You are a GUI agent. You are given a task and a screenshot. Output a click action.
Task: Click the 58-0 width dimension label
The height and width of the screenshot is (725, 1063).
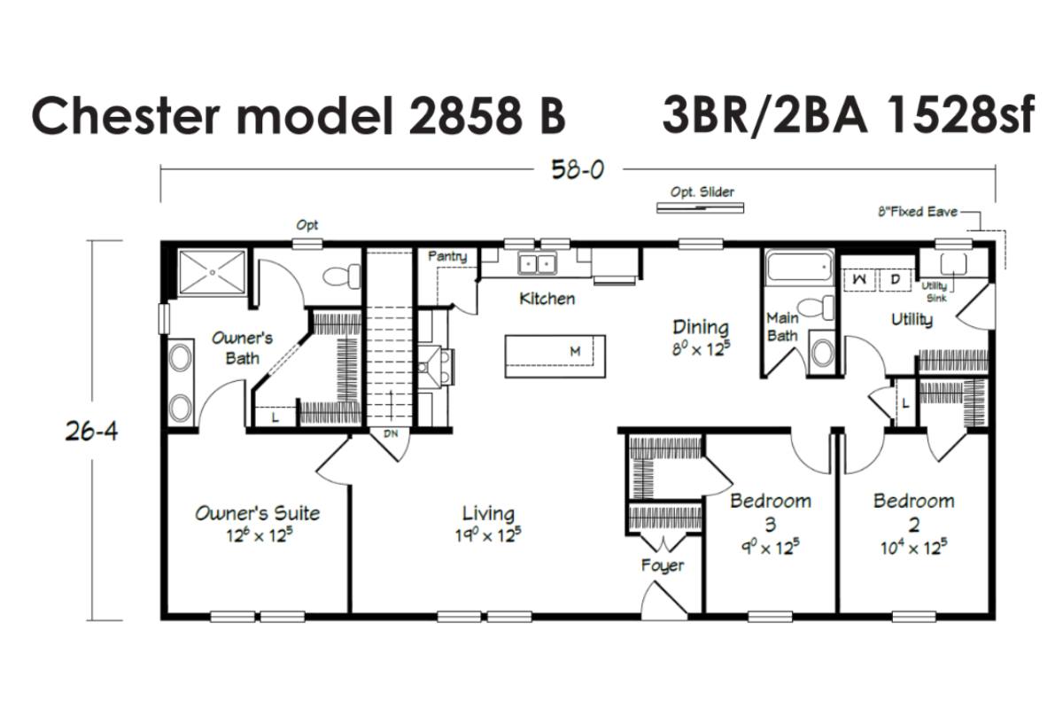coord(578,169)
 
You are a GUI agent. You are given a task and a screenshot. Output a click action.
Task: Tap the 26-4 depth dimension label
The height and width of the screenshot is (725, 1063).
coord(91,431)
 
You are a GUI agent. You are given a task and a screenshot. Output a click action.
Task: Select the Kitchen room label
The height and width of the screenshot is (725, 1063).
coord(547,299)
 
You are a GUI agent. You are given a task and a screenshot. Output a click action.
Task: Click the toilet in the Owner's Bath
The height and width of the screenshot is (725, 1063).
coord(341,276)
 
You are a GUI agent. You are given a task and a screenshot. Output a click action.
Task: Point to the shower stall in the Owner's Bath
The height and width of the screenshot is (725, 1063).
coord(213,272)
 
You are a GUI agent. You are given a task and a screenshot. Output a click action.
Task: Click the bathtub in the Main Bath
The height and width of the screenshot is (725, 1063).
coord(799,267)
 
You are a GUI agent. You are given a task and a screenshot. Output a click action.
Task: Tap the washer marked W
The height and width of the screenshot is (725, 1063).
coord(859,279)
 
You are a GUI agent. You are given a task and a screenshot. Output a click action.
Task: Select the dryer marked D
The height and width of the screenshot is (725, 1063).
coord(895,279)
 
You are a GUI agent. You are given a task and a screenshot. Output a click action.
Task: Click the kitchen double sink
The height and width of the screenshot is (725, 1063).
coord(537,262)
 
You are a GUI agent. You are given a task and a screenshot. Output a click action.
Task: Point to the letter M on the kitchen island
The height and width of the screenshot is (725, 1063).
coord(575,351)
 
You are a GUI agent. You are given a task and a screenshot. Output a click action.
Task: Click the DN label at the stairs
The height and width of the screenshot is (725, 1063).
coord(391,433)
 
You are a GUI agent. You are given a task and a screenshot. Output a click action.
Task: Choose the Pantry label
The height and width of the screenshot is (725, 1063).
coord(447,257)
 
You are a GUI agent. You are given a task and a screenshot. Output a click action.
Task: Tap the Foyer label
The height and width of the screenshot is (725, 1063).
coord(663,565)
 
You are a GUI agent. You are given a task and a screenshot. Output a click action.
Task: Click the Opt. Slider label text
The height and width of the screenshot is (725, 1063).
coord(702,191)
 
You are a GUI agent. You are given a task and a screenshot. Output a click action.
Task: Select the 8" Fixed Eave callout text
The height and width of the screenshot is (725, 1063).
coord(918,212)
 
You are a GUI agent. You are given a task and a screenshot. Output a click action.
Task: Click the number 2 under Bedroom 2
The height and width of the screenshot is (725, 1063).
coord(914,525)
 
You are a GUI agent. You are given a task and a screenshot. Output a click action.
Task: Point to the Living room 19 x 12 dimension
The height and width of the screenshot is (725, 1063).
coord(488,535)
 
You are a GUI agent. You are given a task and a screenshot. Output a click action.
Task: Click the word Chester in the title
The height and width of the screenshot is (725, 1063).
coord(126,116)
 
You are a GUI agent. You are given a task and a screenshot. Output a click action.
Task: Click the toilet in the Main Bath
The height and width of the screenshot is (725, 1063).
coord(815,307)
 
